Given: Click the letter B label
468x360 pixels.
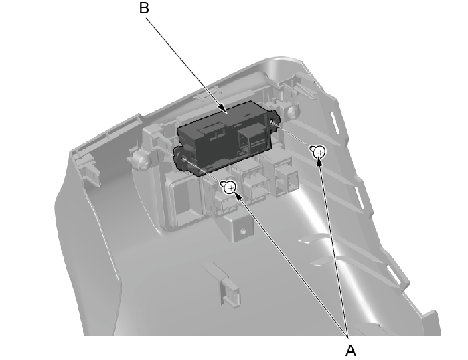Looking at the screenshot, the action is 144,8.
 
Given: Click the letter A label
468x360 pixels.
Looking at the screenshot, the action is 351,350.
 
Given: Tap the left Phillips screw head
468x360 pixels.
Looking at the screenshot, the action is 230,187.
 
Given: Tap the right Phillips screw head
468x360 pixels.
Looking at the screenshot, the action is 319,152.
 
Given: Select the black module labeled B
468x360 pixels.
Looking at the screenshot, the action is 227,139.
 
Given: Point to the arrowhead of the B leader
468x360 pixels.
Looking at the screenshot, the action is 223,110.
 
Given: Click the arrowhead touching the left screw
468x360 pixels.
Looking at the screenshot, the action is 237,196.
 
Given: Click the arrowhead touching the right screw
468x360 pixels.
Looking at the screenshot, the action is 320,163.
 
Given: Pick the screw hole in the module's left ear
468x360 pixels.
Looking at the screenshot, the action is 181,157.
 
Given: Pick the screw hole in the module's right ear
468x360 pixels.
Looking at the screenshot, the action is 272,122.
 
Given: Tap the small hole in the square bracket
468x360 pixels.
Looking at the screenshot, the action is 242,230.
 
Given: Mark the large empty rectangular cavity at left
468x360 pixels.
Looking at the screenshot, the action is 183,203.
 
